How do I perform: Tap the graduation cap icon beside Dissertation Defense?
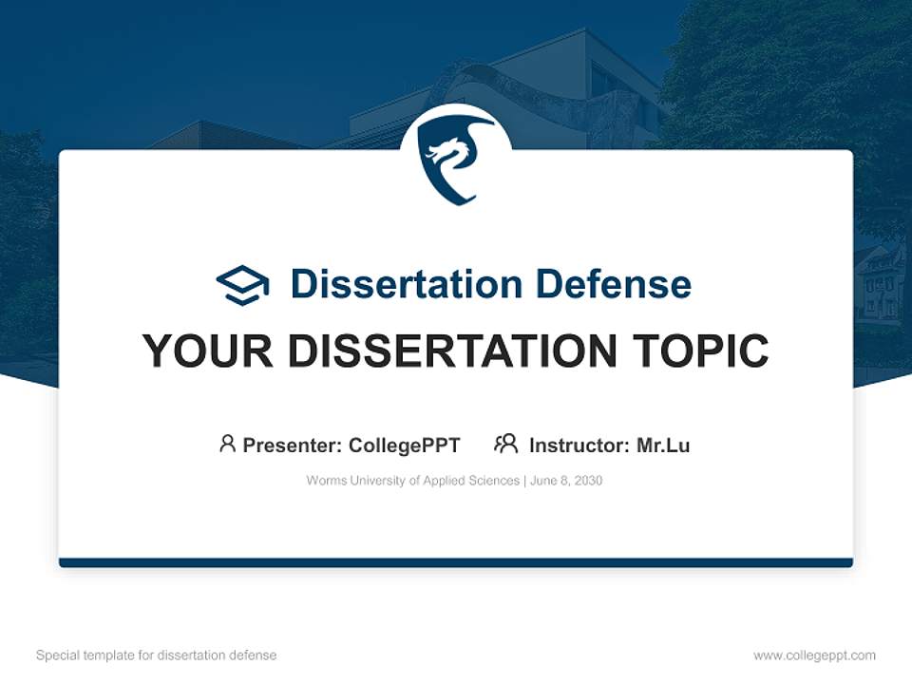(242, 284)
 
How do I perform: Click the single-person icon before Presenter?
(227, 444)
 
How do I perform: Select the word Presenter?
(292, 445)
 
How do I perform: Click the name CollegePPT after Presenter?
(405, 445)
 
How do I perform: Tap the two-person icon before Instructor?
(505, 444)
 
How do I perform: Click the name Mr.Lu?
(663, 445)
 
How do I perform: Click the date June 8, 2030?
(566, 481)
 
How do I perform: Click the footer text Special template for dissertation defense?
(156, 655)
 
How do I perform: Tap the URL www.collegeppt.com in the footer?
(814, 655)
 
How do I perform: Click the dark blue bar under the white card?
(456, 562)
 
